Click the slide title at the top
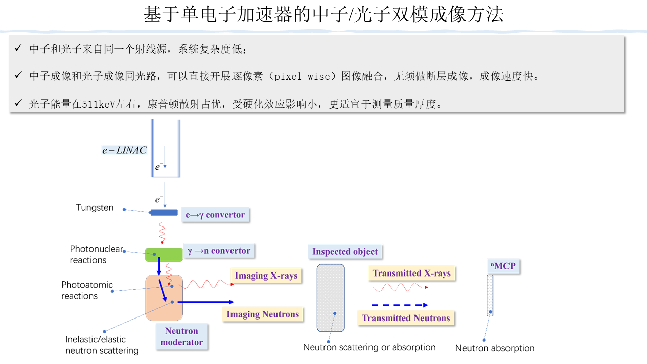pos(323,14)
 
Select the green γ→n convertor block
pos(164,254)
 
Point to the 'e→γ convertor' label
pos(215,215)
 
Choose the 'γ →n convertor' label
pos(219,251)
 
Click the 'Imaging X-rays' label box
pos(266,276)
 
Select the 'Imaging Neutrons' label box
pos(263,314)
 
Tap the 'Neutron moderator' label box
pos(181,337)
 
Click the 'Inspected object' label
pos(345,252)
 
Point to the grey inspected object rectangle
pos(331,298)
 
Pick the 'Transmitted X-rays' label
pos(411,274)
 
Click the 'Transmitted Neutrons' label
pos(406,318)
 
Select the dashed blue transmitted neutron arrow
pos(399,305)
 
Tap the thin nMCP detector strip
pos(490,295)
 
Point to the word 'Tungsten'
pos(95,208)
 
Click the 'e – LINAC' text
pos(124,150)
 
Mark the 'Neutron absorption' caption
pos(495,348)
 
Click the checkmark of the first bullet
pos(18,49)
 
